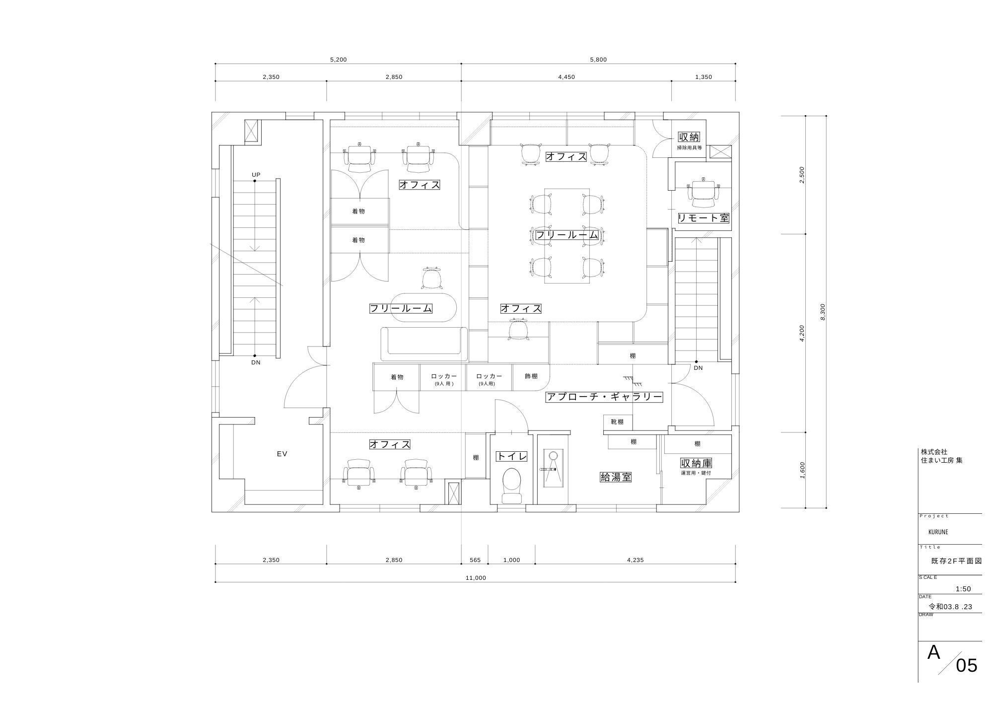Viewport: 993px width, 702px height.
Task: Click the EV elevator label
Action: pyautogui.click(x=282, y=454)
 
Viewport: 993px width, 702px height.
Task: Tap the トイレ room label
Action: pyautogui.click(x=511, y=456)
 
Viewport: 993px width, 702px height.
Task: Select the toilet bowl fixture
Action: pyautogui.click(x=511, y=485)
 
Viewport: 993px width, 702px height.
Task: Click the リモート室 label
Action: pyautogui.click(x=704, y=218)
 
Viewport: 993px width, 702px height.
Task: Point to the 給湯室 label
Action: pyautogui.click(x=616, y=477)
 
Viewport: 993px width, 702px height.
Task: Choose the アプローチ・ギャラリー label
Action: pyautogui.click(x=604, y=397)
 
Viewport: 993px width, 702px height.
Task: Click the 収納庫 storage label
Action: pyautogui.click(x=696, y=463)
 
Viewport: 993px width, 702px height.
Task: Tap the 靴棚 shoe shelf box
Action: pyautogui.click(x=618, y=422)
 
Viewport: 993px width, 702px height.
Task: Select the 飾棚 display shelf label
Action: pyautogui.click(x=531, y=376)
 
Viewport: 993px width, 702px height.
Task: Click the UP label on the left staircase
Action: pyautogui.click(x=256, y=175)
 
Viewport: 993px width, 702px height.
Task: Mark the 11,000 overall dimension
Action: pyautogui.click(x=476, y=578)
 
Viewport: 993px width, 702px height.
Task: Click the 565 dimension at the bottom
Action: pyautogui.click(x=475, y=560)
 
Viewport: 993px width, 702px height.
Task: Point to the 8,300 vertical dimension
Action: pyautogui.click(x=823, y=312)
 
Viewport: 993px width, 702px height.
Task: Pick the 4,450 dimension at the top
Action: pyautogui.click(x=567, y=77)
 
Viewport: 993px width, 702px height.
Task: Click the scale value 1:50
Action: pyautogui.click(x=963, y=589)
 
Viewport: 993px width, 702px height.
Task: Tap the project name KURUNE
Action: pyautogui.click(x=938, y=532)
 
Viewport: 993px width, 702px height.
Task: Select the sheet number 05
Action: pyautogui.click(x=967, y=665)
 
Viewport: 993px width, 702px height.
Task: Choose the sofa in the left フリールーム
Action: pyautogui.click(x=424, y=344)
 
